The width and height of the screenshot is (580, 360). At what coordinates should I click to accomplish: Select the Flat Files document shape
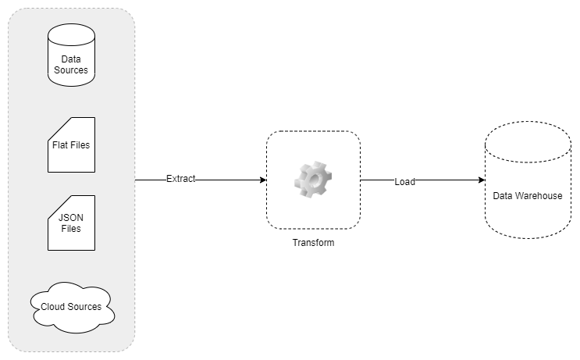click(71, 145)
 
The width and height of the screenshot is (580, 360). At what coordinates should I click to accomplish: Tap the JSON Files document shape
click(71, 223)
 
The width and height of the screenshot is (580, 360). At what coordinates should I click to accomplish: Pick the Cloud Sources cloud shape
click(71, 307)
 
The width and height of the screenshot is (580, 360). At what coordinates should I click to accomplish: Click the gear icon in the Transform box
click(312, 180)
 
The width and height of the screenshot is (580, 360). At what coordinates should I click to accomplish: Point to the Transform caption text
click(313, 243)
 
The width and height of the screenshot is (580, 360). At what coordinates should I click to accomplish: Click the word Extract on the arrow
click(180, 180)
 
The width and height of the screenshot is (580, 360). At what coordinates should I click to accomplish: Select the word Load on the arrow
click(404, 181)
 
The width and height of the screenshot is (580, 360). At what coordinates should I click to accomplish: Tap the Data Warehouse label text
click(527, 196)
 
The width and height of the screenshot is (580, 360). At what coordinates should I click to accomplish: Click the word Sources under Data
click(71, 70)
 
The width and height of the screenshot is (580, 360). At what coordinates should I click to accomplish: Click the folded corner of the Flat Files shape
click(55, 125)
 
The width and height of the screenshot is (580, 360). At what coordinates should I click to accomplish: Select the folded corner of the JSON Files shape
click(55, 203)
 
